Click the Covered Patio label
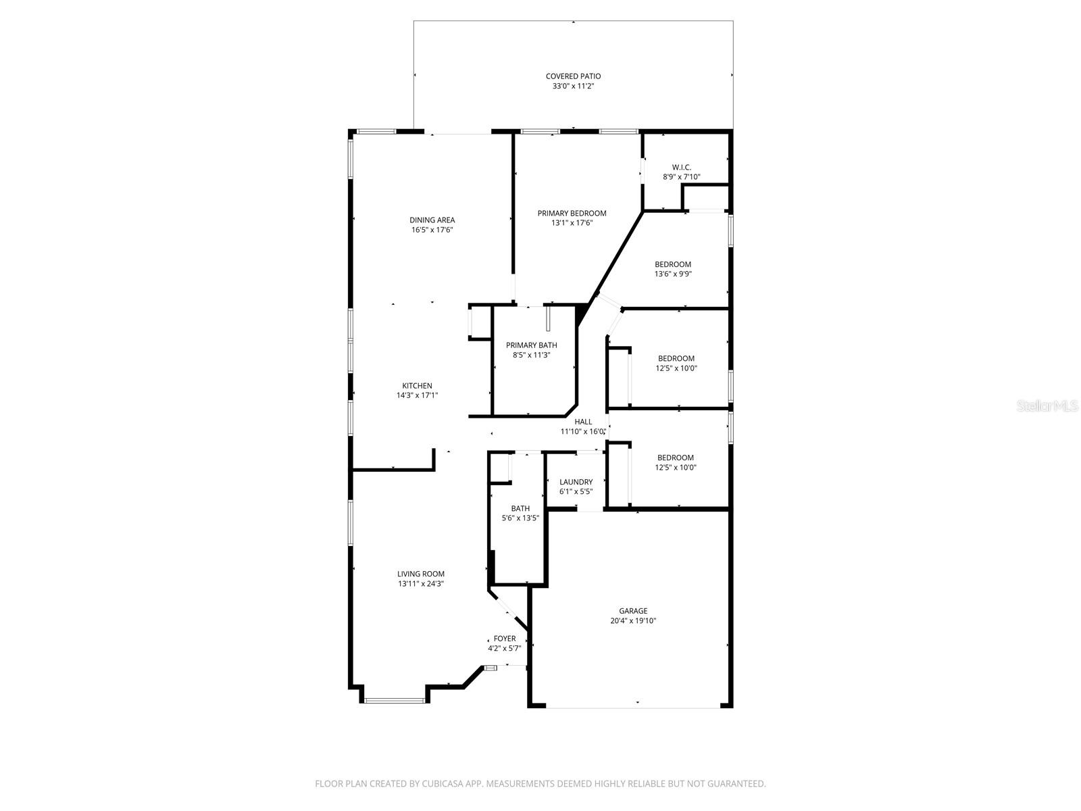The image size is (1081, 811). (573, 76)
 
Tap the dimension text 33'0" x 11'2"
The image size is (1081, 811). (573, 87)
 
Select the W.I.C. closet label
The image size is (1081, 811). (681, 168)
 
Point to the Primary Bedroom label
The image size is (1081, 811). (572, 214)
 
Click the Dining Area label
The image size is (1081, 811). (432, 220)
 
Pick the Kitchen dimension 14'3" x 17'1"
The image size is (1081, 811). (417, 396)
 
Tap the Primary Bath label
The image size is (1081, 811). (531, 345)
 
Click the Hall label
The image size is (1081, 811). (583, 422)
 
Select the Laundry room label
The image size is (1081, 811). (576, 483)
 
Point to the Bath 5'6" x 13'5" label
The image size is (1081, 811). (520, 509)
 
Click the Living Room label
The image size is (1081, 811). (420, 574)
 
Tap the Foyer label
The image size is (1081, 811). (504, 639)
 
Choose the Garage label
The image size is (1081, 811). (633, 611)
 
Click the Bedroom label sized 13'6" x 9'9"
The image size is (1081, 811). (673, 265)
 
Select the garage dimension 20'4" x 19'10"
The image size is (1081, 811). (633, 621)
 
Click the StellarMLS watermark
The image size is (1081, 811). (1048, 406)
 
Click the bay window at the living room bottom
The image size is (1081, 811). (396, 701)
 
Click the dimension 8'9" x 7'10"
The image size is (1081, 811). (681, 178)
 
